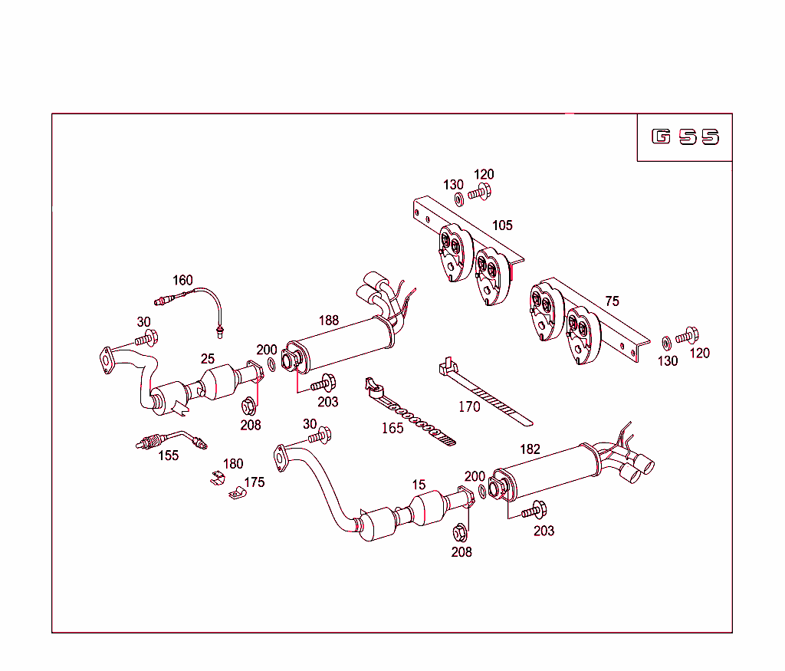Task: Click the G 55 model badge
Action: pos(685,137)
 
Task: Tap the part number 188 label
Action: pos(328,321)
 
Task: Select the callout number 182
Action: pos(530,449)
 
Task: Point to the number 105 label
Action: pos(502,225)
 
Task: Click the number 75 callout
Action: pos(611,301)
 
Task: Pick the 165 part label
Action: pos(392,428)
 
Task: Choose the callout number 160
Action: pos(182,281)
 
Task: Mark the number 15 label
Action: pos(419,485)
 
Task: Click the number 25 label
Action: pos(208,358)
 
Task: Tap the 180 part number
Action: pos(233,464)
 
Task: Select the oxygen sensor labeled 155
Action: pos(165,440)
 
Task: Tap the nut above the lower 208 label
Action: pos(460,531)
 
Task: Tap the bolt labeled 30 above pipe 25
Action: pos(146,337)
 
